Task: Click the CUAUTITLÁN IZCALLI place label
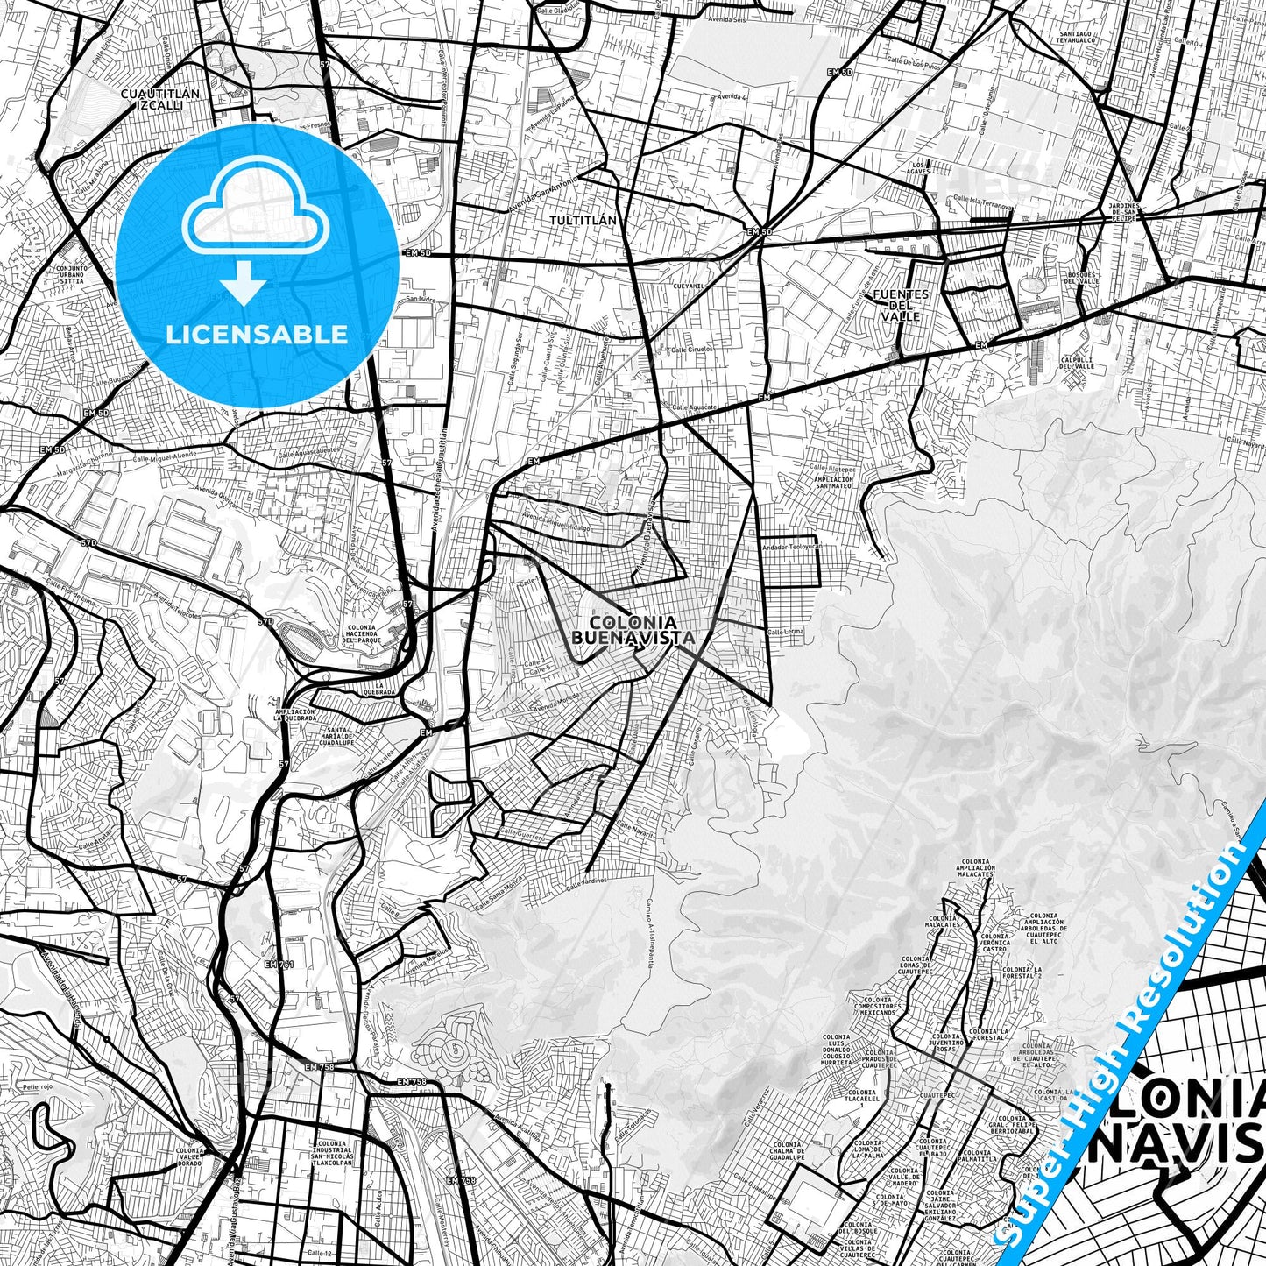point(159,98)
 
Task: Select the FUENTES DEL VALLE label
point(901,305)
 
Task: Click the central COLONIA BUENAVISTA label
point(633,629)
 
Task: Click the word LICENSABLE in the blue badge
point(258,334)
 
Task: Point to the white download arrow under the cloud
point(244,282)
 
